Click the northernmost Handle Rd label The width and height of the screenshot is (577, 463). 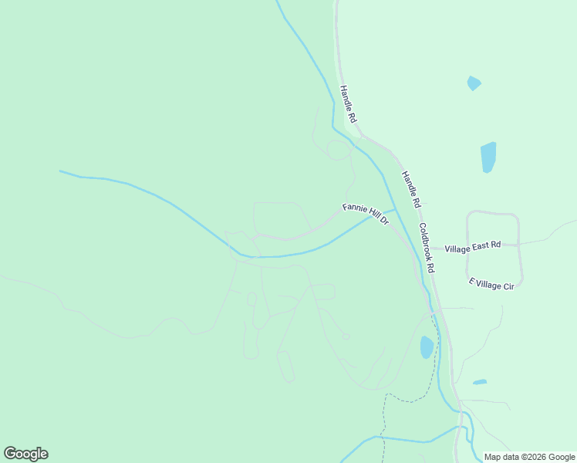(x=349, y=104)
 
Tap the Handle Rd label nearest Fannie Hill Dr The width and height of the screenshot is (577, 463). (x=410, y=189)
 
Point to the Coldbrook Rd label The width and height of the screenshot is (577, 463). (x=427, y=248)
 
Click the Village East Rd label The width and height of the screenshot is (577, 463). (x=473, y=246)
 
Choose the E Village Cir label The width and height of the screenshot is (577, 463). (x=491, y=284)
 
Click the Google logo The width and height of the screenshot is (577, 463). (x=25, y=454)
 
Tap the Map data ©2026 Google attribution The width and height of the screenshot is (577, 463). (x=529, y=457)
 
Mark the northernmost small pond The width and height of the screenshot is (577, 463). (x=474, y=83)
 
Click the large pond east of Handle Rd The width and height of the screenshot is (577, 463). (x=488, y=157)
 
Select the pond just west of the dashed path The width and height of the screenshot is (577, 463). (x=427, y=347)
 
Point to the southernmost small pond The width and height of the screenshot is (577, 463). (x=480, y=382)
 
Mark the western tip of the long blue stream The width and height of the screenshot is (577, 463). (x=60, y=171)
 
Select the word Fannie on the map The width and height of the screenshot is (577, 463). (x=354, y=208)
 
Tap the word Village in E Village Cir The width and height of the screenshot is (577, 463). (x=488, y=283)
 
